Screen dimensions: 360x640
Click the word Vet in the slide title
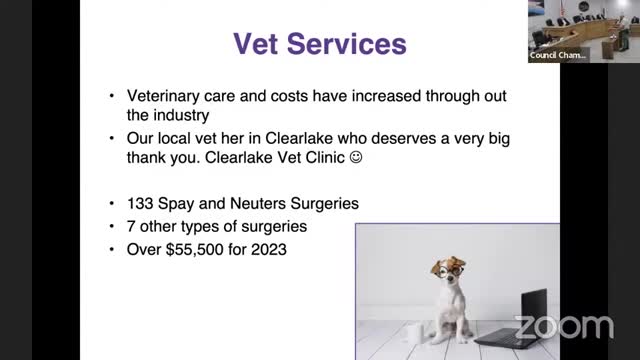(x=261, y=44)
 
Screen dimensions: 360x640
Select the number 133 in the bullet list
(x=140, y=203)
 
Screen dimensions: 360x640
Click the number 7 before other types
(x=131, y=226)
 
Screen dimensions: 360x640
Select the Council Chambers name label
(x=557, y=56)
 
